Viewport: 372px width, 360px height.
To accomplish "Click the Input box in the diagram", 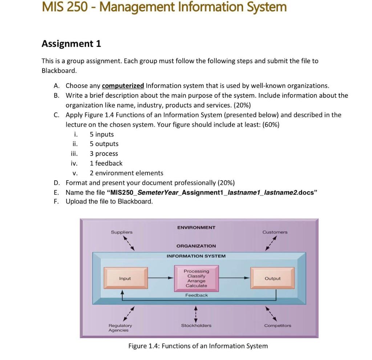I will (x=125, y=279).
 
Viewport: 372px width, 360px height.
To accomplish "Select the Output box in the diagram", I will (x=272, y=279).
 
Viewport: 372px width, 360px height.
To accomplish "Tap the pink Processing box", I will (x=196, y=279).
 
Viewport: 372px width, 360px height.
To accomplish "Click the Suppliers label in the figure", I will (x=122, y=232).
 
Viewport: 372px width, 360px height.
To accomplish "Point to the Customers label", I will (x=275, y=232).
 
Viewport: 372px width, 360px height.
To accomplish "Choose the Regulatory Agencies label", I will (x=120, y=328).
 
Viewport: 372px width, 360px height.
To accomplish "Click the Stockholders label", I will (x=196, y=325).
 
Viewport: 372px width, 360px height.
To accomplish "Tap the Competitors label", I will (x=278, y=325).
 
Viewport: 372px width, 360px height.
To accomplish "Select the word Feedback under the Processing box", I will (x=197, y=295).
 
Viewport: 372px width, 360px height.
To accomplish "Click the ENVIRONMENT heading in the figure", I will (x=196, y=227).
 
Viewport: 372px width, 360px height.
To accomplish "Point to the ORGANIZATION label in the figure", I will (x=196, y=246).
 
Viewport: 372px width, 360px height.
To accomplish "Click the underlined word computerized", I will (x=123, y=86).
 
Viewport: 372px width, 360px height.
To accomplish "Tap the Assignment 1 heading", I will (x=71, y=44).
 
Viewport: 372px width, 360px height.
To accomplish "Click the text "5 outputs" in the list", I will (x=104, y=144).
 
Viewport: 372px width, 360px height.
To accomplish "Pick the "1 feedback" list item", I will (x=106, y=163).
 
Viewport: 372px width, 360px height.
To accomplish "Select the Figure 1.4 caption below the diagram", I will (x=198, y=346).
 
